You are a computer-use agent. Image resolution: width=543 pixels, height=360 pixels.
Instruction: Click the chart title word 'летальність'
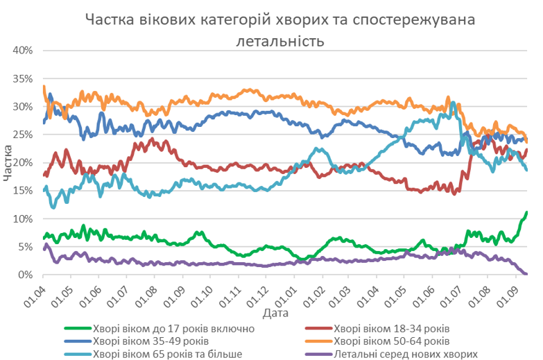click(281, 41)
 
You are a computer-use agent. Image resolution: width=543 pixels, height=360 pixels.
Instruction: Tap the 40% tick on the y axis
click(22, 51)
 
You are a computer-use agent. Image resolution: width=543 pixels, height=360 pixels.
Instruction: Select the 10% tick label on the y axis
click(22, 218)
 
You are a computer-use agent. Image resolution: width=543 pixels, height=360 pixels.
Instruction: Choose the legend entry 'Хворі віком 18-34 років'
click(392, 328)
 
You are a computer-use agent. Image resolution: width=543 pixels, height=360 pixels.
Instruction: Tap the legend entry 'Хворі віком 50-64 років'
click(392, 341)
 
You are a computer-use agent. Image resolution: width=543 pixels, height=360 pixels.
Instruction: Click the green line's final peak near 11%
click(527, 212)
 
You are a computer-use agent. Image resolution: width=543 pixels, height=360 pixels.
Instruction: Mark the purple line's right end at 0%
click(526, 274)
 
